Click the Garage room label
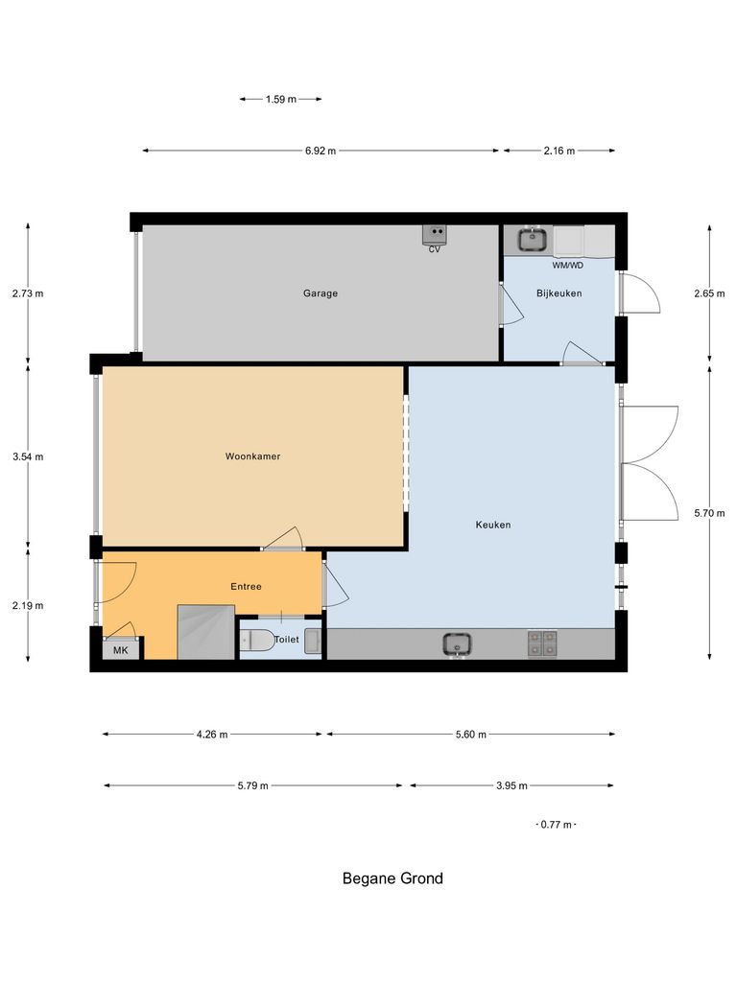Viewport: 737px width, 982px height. [x=321, y=293]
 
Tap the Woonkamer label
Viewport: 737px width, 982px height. [x=252, y=456]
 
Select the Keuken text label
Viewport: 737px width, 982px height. [x=493, y=525]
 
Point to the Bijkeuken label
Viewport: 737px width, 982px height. [x=559, y=293]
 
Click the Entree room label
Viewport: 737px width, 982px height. [x=246, y=586]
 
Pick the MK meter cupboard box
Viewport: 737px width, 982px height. [x=121, y=650]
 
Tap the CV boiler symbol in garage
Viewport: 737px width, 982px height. [x=435, y=234]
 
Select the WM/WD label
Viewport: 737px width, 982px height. [x=567, y=265]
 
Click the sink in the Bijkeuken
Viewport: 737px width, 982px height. [x=532, y=238]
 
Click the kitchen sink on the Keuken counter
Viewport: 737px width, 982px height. [x=458, y=643]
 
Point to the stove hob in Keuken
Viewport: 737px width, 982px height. [x=542, y=643]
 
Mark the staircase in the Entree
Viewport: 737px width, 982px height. [x=205, y=632]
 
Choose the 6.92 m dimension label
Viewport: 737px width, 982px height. [x=321, y=151]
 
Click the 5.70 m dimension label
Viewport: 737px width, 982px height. [x=709, y=514]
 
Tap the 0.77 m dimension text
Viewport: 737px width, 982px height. [x=556, y=825]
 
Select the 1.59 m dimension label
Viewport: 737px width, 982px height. [x=280, y=99]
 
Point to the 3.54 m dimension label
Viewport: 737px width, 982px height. [x=28, y=457]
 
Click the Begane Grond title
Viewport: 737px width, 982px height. [x=392, y=877]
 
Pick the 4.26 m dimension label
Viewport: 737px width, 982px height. [x=211, y=735]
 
